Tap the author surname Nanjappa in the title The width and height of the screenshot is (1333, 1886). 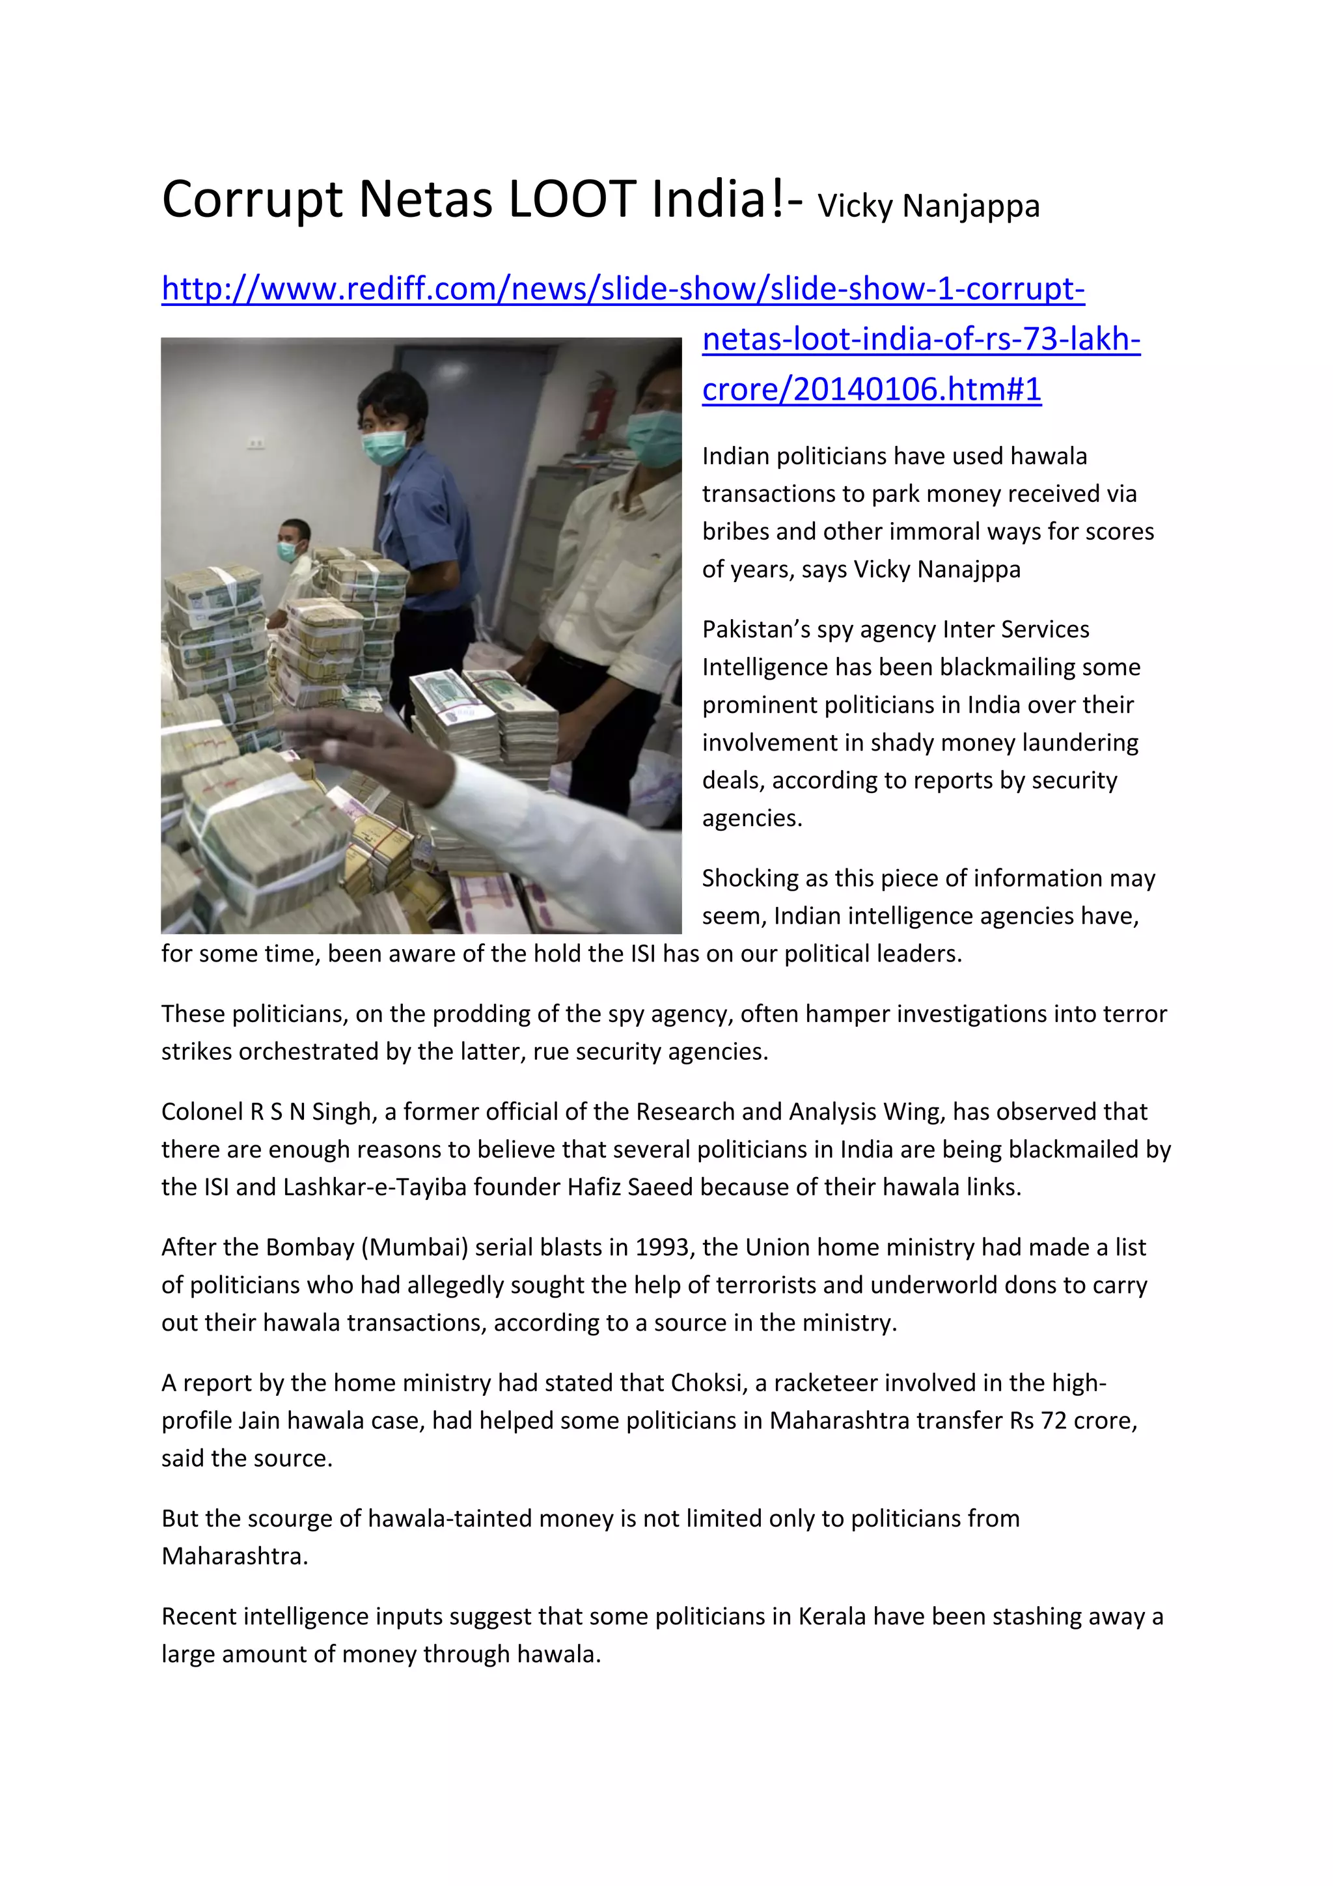click(971, 206)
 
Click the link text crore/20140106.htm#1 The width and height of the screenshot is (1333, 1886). click(872, 389)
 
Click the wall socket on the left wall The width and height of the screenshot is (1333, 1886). click(256, 443)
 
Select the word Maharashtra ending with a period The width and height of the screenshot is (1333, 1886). click(235, 1556)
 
